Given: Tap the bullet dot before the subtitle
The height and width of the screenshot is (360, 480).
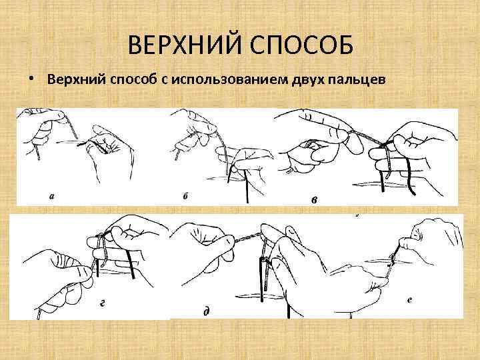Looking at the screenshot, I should [x=32, y=79].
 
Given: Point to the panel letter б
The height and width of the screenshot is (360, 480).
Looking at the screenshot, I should [x=185, y=197].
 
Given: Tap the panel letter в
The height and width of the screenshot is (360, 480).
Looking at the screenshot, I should [x=314, y=199].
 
